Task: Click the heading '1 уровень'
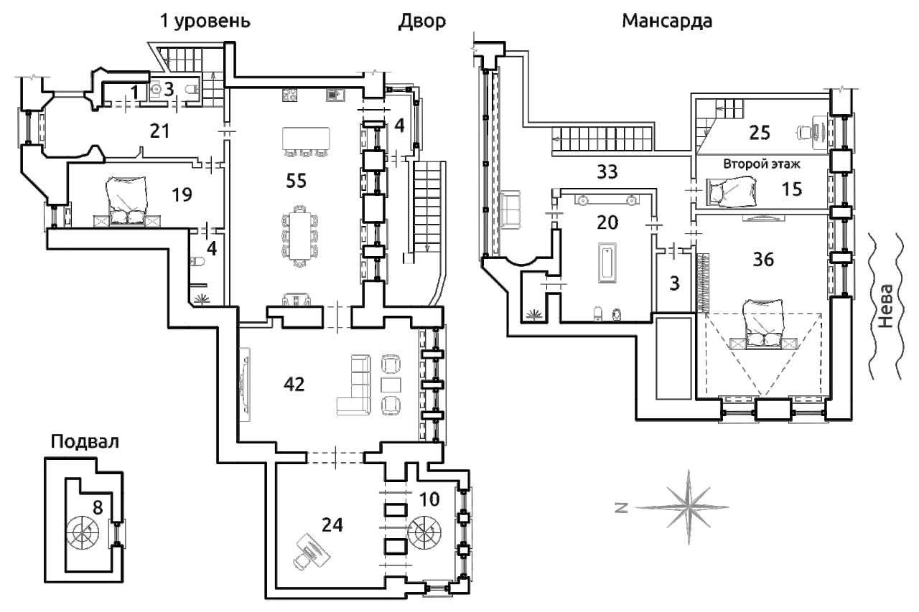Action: pyautogui.click(x=205, y=22)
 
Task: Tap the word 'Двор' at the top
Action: pyautogui.click(x=421, y=22)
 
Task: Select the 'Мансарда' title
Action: pyautogui.click(x=667, y=22)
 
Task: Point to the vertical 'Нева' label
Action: pyautogui.click(x=886, y=306)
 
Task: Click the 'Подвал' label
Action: pyautogui.click(x=85, y=442)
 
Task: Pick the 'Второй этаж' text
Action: pyautogui.click(x=762, y=164)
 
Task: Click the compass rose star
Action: pyautogui.click(x=689, y=507)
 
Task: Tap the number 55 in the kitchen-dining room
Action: pyautogui.click(x=297, y=181)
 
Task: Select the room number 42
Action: pyautogui.click(x=294, y=384)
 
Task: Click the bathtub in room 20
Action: pyautogui.click(x=607, y=263)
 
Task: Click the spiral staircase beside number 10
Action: pyautogui.click(x=426, y=533)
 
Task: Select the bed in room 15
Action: pyautogui.click(x=731, y=192)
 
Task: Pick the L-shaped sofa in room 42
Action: pyautogui.click(x=353, y=385)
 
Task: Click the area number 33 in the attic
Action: pyautogui.click(x=607, y=171)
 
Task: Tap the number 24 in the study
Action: pyautogui.click(x=332, y=524)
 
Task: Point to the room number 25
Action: pyautogui.click(x=760, y=133)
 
